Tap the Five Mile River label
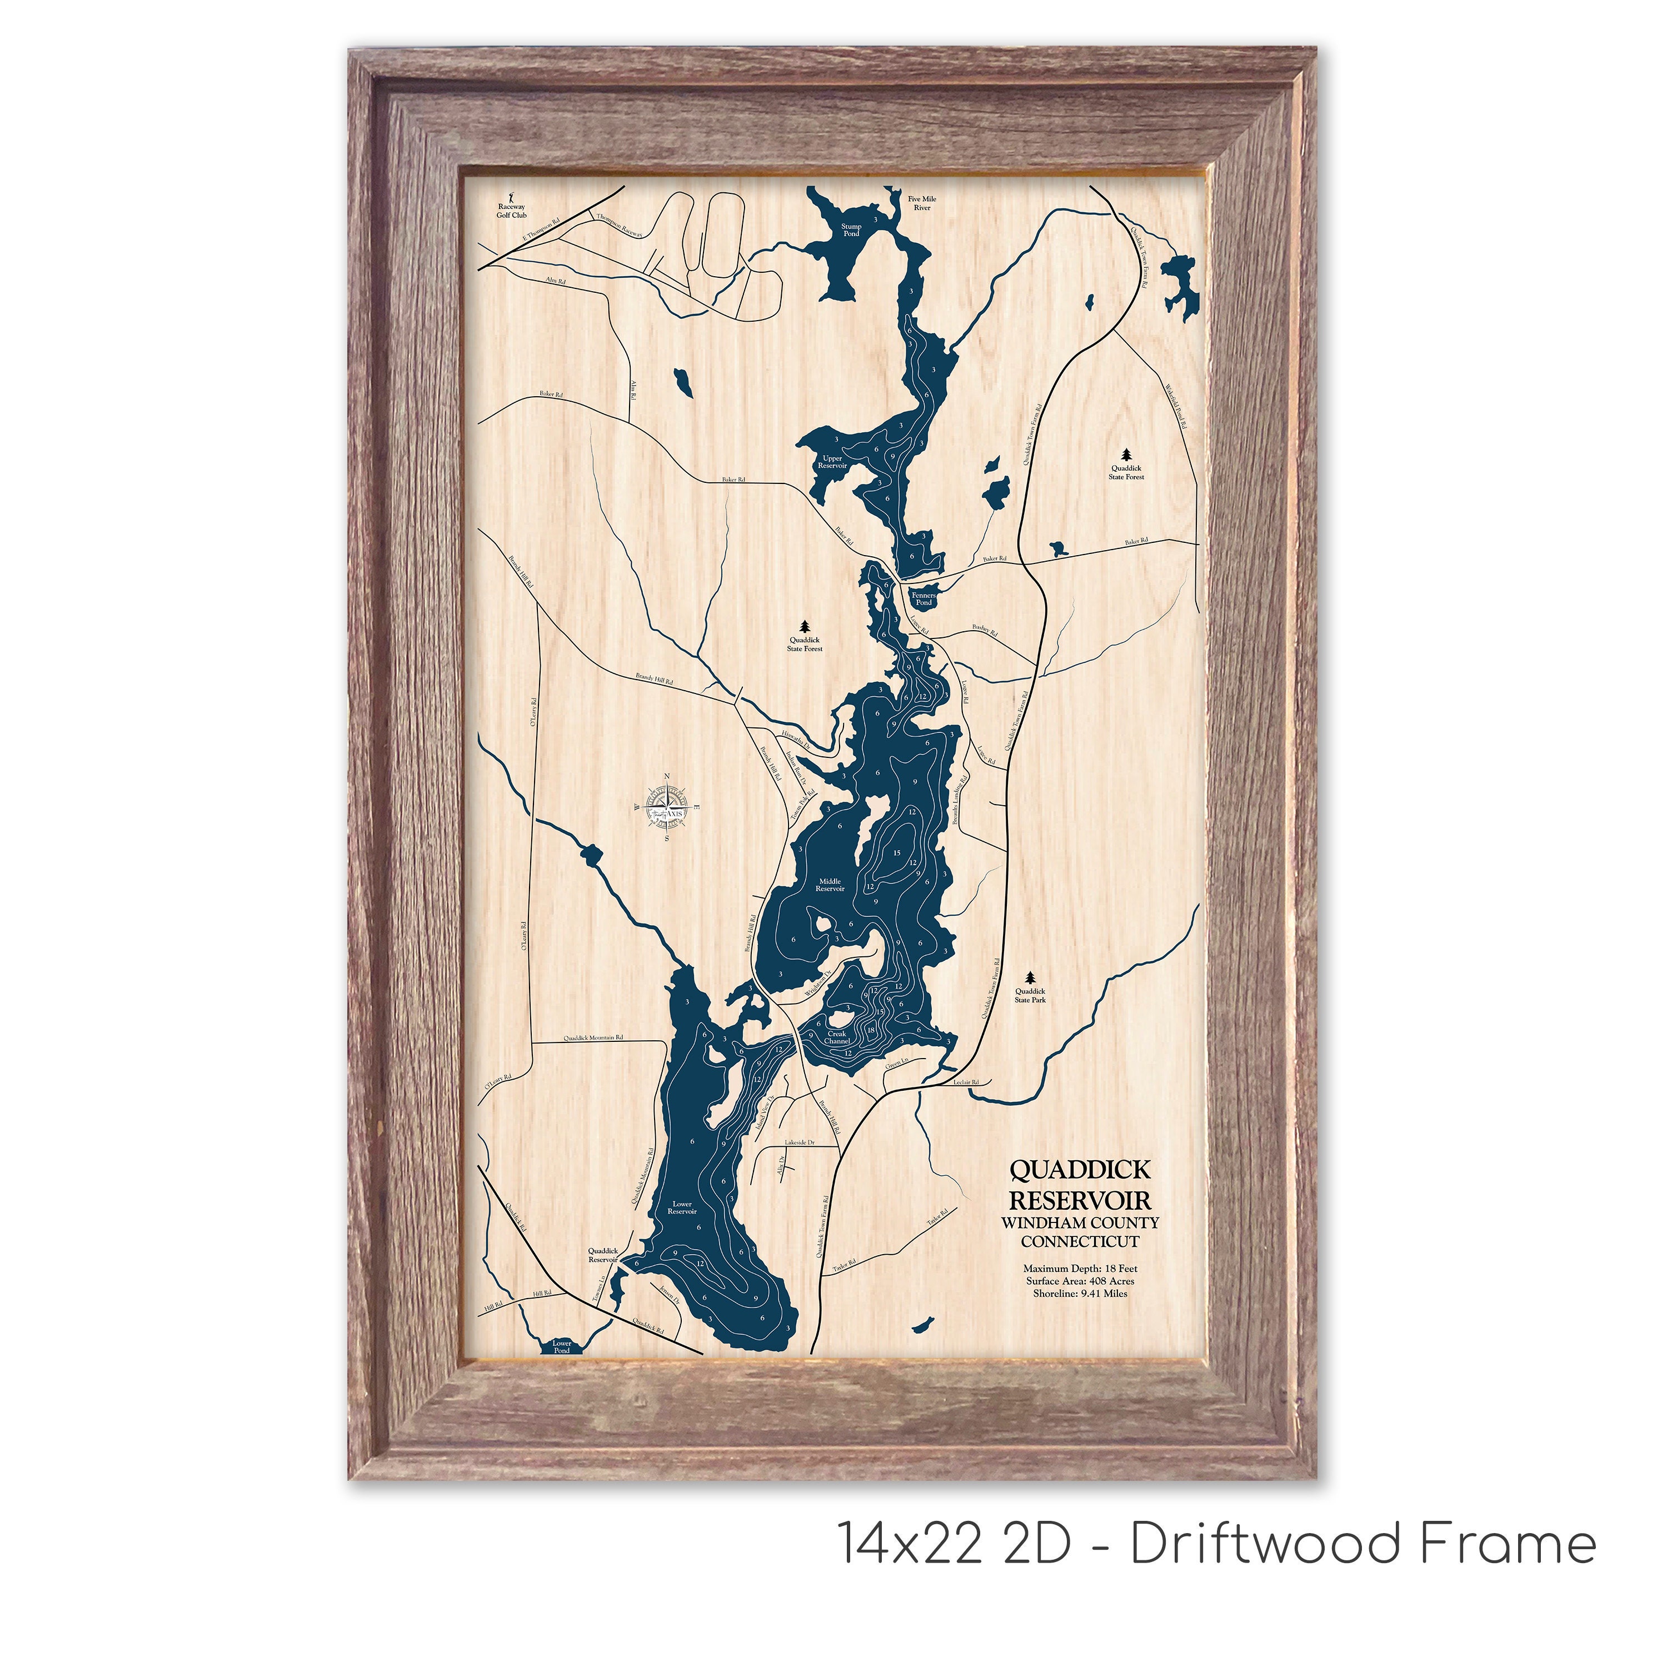pyautogui.click(x=921, y=203)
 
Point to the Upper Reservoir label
pyautogui.click(x=832, y=462)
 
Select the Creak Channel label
pyautogui.click(x=837, y=1037)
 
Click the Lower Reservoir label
pyautogui.click(x=682, y=1207)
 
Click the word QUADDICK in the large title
pyautogui.click(x=1080, y=1170)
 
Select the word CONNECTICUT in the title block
pyautogui.click(x=1080, y=1241)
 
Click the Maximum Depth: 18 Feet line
pyautogui.click(x=1080, y=1269)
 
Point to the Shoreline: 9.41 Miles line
pyautogui.click(x=1080, y=1292)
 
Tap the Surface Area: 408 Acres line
pyautogui.click(x=1080, y=1280)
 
